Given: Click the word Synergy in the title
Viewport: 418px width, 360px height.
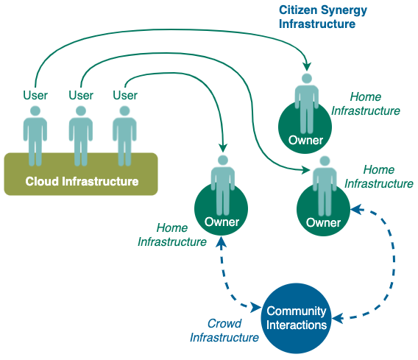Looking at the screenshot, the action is (x=344, y=11).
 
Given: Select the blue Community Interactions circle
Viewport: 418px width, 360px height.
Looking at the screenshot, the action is (x=296, y=318).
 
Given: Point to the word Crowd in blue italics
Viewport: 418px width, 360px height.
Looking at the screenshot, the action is (x=224, y=323).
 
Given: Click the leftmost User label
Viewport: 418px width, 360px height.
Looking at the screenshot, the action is (x=35, y=95).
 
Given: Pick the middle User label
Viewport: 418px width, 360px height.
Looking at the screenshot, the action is (x=81, y=95).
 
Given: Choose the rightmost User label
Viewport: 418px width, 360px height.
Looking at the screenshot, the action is (x=125, y=95).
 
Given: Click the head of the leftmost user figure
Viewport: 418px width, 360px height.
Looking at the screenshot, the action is (x=35, y=111).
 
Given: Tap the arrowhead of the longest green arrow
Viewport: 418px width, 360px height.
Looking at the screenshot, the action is (x=307, y=66).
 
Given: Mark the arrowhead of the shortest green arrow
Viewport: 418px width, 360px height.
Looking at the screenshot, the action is (x=223, y=148).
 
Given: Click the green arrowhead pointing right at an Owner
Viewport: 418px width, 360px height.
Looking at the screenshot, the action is (x=305, y=169).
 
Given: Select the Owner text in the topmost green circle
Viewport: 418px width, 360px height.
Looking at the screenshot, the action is (x=305, y=141).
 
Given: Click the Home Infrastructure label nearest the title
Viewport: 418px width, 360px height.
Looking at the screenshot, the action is (x=366, y=104).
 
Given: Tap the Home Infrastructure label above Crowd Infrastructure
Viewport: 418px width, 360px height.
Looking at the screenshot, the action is (x=172, y=235).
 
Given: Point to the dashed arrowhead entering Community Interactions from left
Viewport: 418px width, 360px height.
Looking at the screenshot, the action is (x=256, y=308).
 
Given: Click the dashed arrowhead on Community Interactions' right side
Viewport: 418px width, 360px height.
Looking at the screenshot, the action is (x=337, y=318).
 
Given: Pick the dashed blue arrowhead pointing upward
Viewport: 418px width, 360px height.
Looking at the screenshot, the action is (x=221, y=241).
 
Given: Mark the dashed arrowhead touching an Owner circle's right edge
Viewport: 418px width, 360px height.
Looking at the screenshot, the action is (x=356, y=210).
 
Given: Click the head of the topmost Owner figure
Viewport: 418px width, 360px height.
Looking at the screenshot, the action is (x=307, y=78).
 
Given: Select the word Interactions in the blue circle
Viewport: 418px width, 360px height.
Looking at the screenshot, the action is (x=297, y=325).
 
